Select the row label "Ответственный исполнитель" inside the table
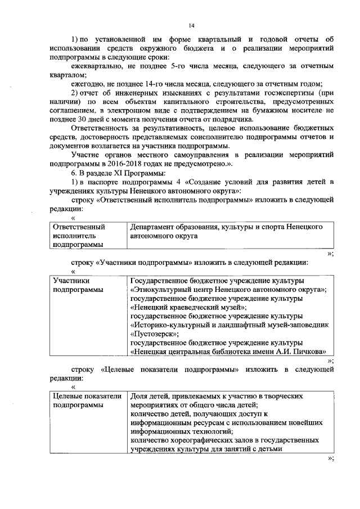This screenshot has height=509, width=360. pos(79,231)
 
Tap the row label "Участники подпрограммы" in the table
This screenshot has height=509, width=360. pos(76,285)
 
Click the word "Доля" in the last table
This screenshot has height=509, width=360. pos(139,396)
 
